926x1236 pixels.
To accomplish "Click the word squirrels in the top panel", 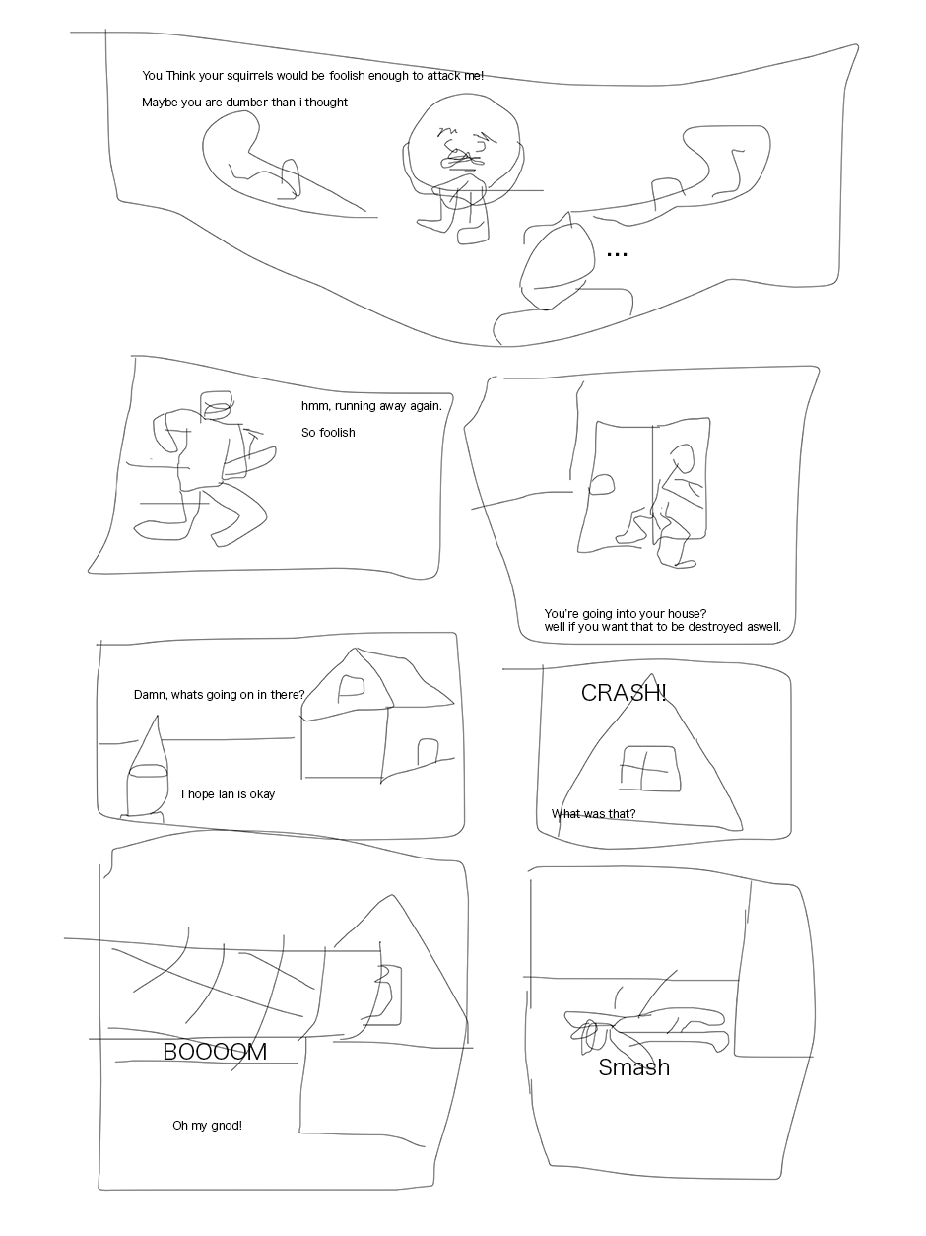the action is [x=250, y=76].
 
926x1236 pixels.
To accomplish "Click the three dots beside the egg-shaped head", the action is [x=617, y=255].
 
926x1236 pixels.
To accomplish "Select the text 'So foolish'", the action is [x=328, y=433].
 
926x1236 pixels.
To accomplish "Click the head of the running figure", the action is [x=217, y=406].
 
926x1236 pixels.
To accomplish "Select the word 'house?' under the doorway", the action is [x=687, y=613].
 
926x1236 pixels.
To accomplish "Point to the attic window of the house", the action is [x=351, y=689].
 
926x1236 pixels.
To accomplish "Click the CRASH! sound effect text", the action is [x=624, y=693].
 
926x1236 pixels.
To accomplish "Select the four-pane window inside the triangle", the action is [x=651, y=769].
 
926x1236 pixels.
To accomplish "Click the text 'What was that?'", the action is [x=593, y=814].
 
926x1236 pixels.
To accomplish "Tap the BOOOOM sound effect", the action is [x=215, y=1052].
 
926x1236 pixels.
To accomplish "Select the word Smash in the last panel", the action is [x=634, y=1067].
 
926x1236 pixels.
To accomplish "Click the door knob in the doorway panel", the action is [x=601, y=484].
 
